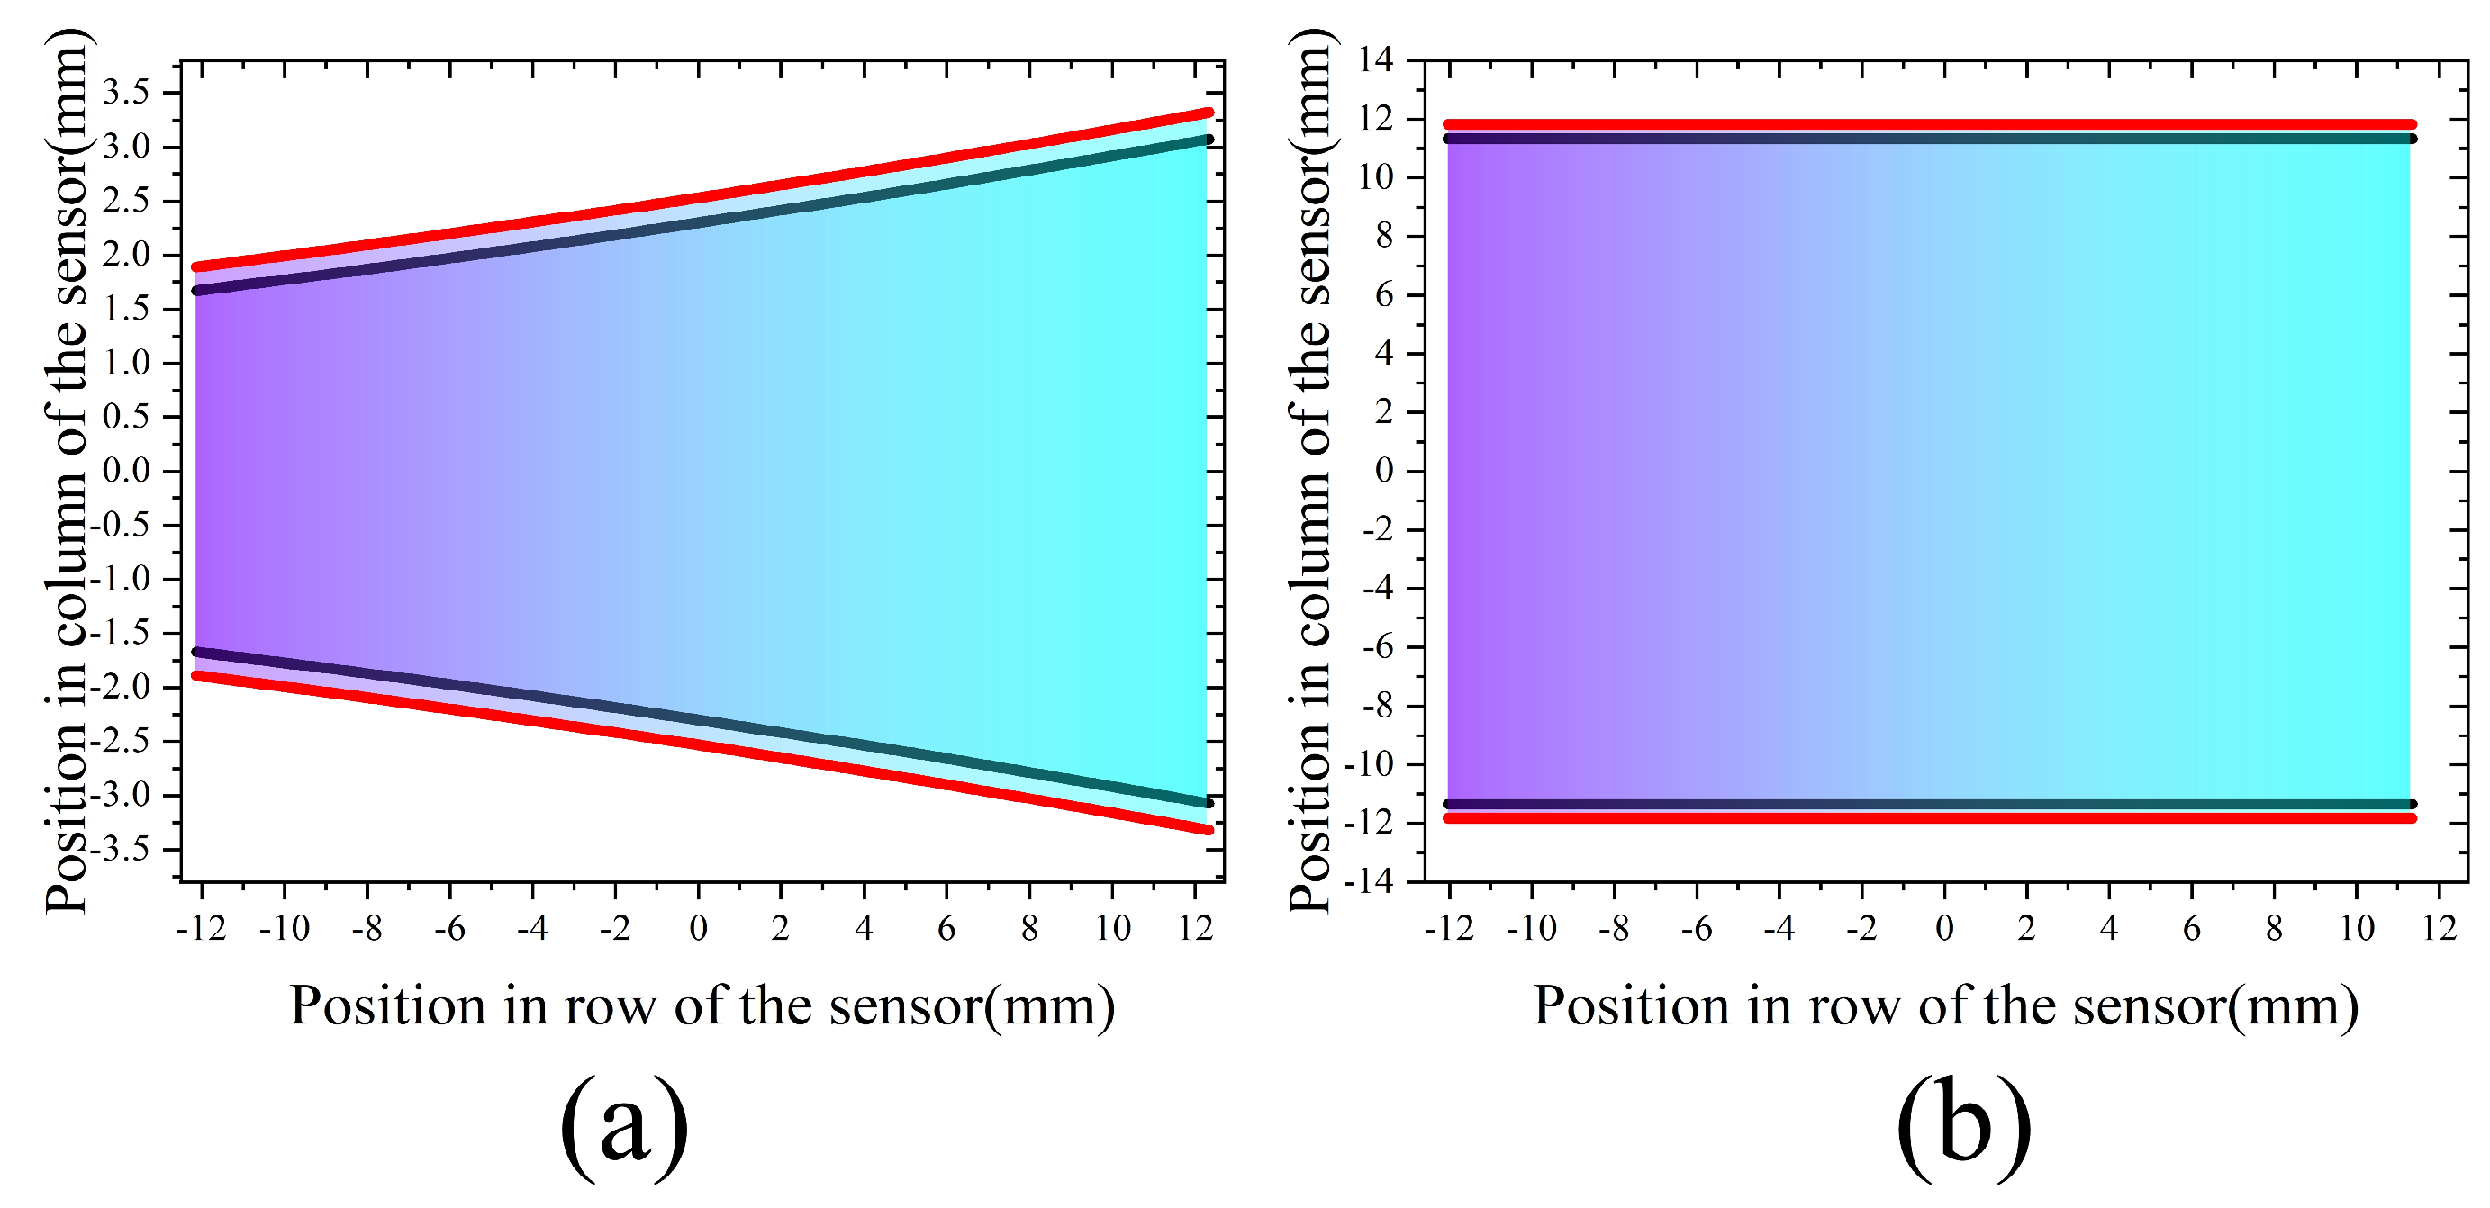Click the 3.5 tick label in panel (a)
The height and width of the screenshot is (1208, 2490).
(x=127, y=93)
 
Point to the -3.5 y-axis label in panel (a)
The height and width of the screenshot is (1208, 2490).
(x=121, y=851)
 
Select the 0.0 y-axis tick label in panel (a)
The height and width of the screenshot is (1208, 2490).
(x=127, y=472)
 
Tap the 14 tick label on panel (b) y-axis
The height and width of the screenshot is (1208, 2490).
(x=1374, y=60)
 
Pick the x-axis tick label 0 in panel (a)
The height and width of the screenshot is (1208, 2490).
(x=698, y=929)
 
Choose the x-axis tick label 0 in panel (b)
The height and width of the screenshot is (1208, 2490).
(x=1945, y=929)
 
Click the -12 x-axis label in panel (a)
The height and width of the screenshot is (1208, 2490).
(x=201, y=929)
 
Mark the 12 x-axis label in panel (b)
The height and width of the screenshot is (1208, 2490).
(x=2440, y=929)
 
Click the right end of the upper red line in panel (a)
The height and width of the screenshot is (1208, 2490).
(x=1209, y=113)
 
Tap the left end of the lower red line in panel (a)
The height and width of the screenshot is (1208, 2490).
(x=197, y=675)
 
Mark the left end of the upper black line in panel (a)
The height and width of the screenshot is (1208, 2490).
(x=197, y=290)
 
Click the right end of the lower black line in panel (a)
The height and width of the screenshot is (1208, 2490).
(x=1209, y=803)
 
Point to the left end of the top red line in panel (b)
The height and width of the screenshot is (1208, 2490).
(x=1448, y=124)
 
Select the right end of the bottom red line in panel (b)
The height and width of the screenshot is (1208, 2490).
(x=2413, y=818)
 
